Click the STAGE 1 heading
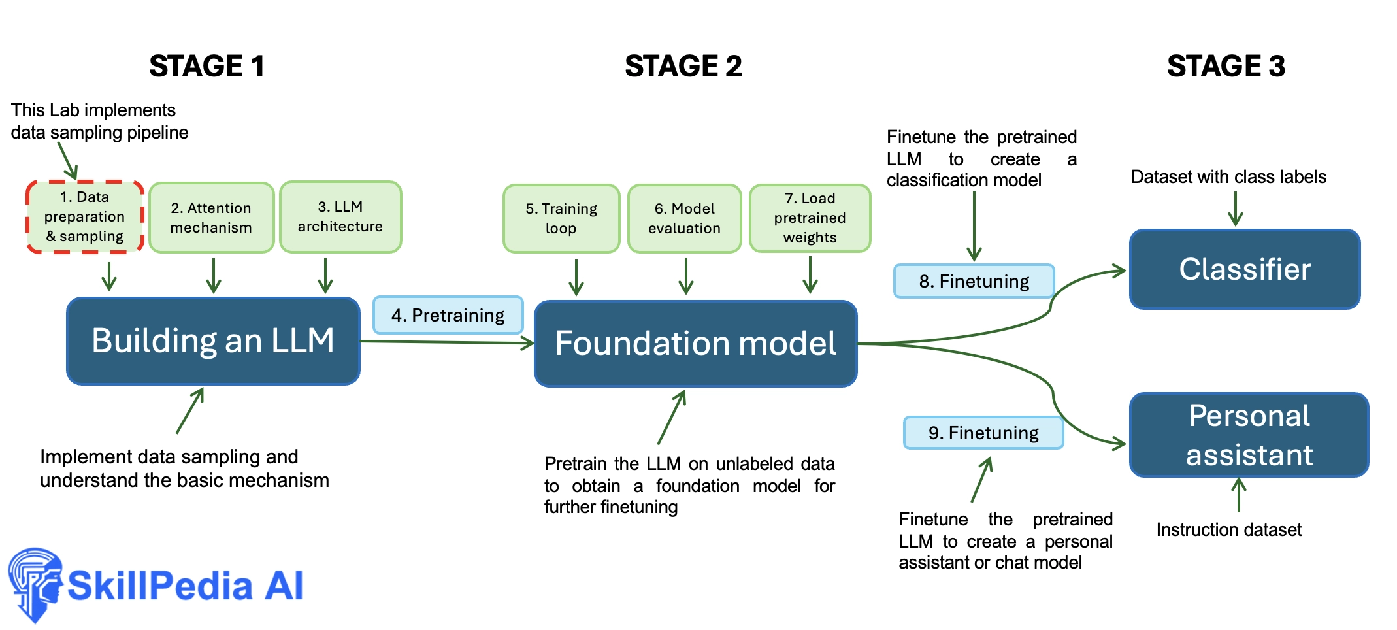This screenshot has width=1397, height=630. [x=206, y=66]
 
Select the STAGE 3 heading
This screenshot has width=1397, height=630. [x=1226, y=66]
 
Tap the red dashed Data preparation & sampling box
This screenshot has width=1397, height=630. [x=85, y=216]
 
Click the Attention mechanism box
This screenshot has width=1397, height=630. [x=211, y=218]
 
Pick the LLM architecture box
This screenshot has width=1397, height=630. [x=340, y=216]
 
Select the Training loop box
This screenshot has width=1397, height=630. [x=561, y=218]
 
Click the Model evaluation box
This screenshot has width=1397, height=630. [x=684, y=218]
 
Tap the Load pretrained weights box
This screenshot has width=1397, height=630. [x=810, y=218]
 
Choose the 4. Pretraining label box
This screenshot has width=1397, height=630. [x=448, y=315]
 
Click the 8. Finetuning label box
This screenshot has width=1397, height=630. [x=974, y=281]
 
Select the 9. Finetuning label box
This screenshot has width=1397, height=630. [x=983, y=433]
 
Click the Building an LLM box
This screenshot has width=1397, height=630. [x=214, y=341]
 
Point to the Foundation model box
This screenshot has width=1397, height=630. [x=696, y=344]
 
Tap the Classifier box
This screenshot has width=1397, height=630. [x=1245, y=269]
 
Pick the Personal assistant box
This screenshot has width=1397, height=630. [x=1249, y=435]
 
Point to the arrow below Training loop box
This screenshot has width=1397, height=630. [x=576, y=277]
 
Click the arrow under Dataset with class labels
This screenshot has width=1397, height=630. [x=1235, y=208]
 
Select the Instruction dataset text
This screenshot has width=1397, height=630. [x=1229, y=529]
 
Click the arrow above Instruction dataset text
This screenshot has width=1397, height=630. [x=1238, y=495]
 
